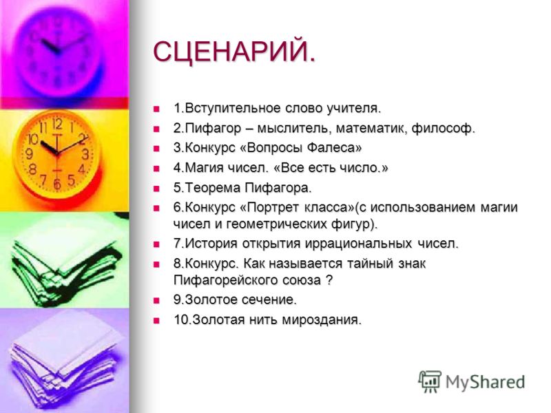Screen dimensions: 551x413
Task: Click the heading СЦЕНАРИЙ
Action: click(234, 52)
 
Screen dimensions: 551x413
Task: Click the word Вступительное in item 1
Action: click(233, 109)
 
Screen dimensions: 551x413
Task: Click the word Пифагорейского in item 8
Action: click(226, 280)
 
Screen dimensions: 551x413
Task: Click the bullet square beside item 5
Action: click(156, 189)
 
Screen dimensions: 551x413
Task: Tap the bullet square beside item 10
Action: click(156, 321)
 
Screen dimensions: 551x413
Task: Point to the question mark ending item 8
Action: click(329, 280)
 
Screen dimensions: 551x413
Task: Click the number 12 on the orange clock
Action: click(57, 124)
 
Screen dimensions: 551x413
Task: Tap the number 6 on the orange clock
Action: click(56, 184)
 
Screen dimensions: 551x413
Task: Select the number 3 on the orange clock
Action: click(85, 154)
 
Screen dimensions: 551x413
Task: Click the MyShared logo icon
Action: click(429, 381)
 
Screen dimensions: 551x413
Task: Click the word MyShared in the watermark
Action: click(486, 382)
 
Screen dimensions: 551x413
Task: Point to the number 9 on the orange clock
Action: click(30, 153)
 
